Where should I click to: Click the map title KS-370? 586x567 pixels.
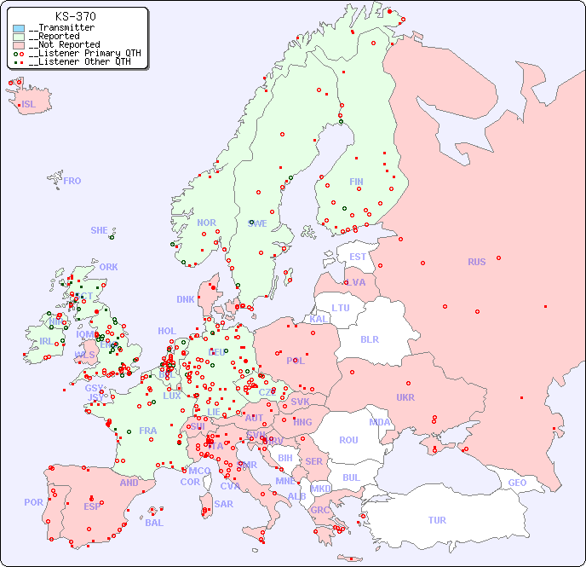(x=75, y=16)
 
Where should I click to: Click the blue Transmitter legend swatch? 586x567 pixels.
(x=19, y=28)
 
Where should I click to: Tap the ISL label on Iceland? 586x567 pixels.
(x=28, y=105)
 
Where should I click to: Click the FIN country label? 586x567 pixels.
(x=356, y=182)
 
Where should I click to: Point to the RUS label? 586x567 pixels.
(x=476, y=262)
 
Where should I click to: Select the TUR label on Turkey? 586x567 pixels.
(x=437, y=520)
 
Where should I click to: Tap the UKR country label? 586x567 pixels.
(x=405, y=397)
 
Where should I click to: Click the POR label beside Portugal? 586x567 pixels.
(x=33, y=502)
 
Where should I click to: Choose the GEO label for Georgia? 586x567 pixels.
(x=517, y=483)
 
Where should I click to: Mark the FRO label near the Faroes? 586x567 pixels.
(x=72, y=181)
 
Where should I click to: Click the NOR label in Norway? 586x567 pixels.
(x=206, y=223)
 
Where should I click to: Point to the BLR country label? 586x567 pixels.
(x=369, y=338)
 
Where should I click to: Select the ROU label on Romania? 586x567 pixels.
(x=348, y=440)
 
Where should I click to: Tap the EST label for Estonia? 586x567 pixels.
(x=358, y=257)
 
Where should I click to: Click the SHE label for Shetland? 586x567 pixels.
(x=100, y=230)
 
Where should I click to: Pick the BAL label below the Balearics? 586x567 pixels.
(x=154, y=523)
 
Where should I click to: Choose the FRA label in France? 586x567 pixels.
(x=148, y=431)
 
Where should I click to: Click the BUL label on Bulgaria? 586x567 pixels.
(x=351, y=477)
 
